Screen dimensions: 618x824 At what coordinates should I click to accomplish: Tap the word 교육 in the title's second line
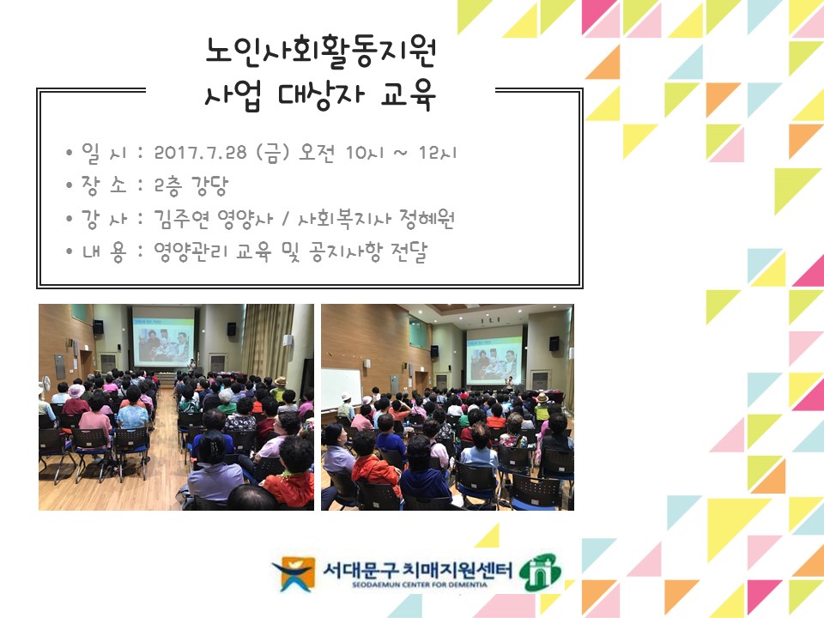coord(409,96)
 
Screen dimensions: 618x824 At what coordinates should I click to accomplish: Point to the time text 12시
coord(438,154)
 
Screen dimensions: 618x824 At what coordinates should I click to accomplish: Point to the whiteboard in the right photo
coord(341,386)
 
